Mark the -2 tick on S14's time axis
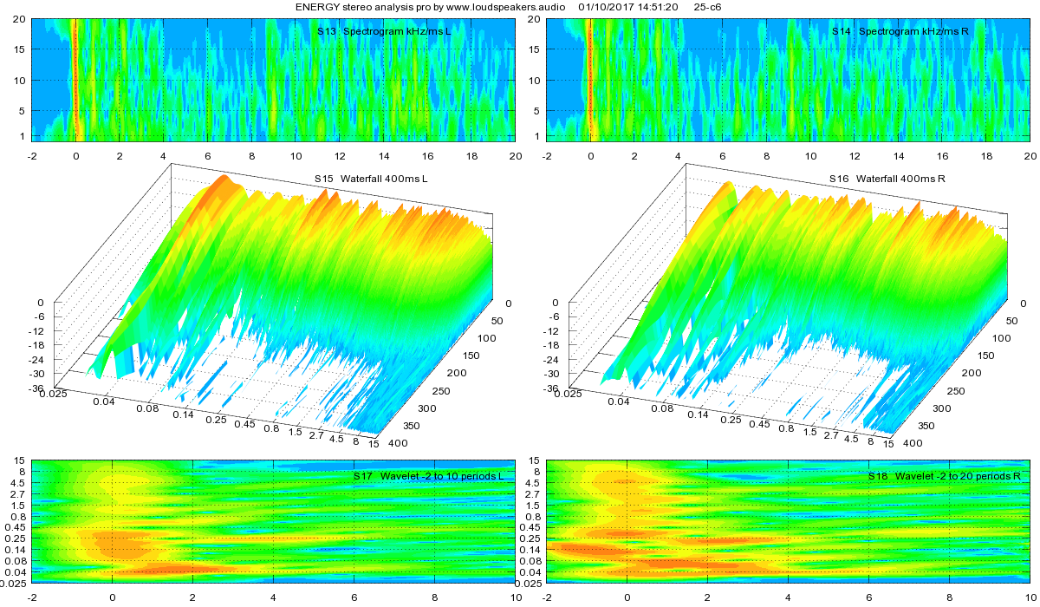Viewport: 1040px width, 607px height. [548, 156]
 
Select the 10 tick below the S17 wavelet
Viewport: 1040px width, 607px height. [516, 598]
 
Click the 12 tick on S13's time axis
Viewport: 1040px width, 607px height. [340, 156]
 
